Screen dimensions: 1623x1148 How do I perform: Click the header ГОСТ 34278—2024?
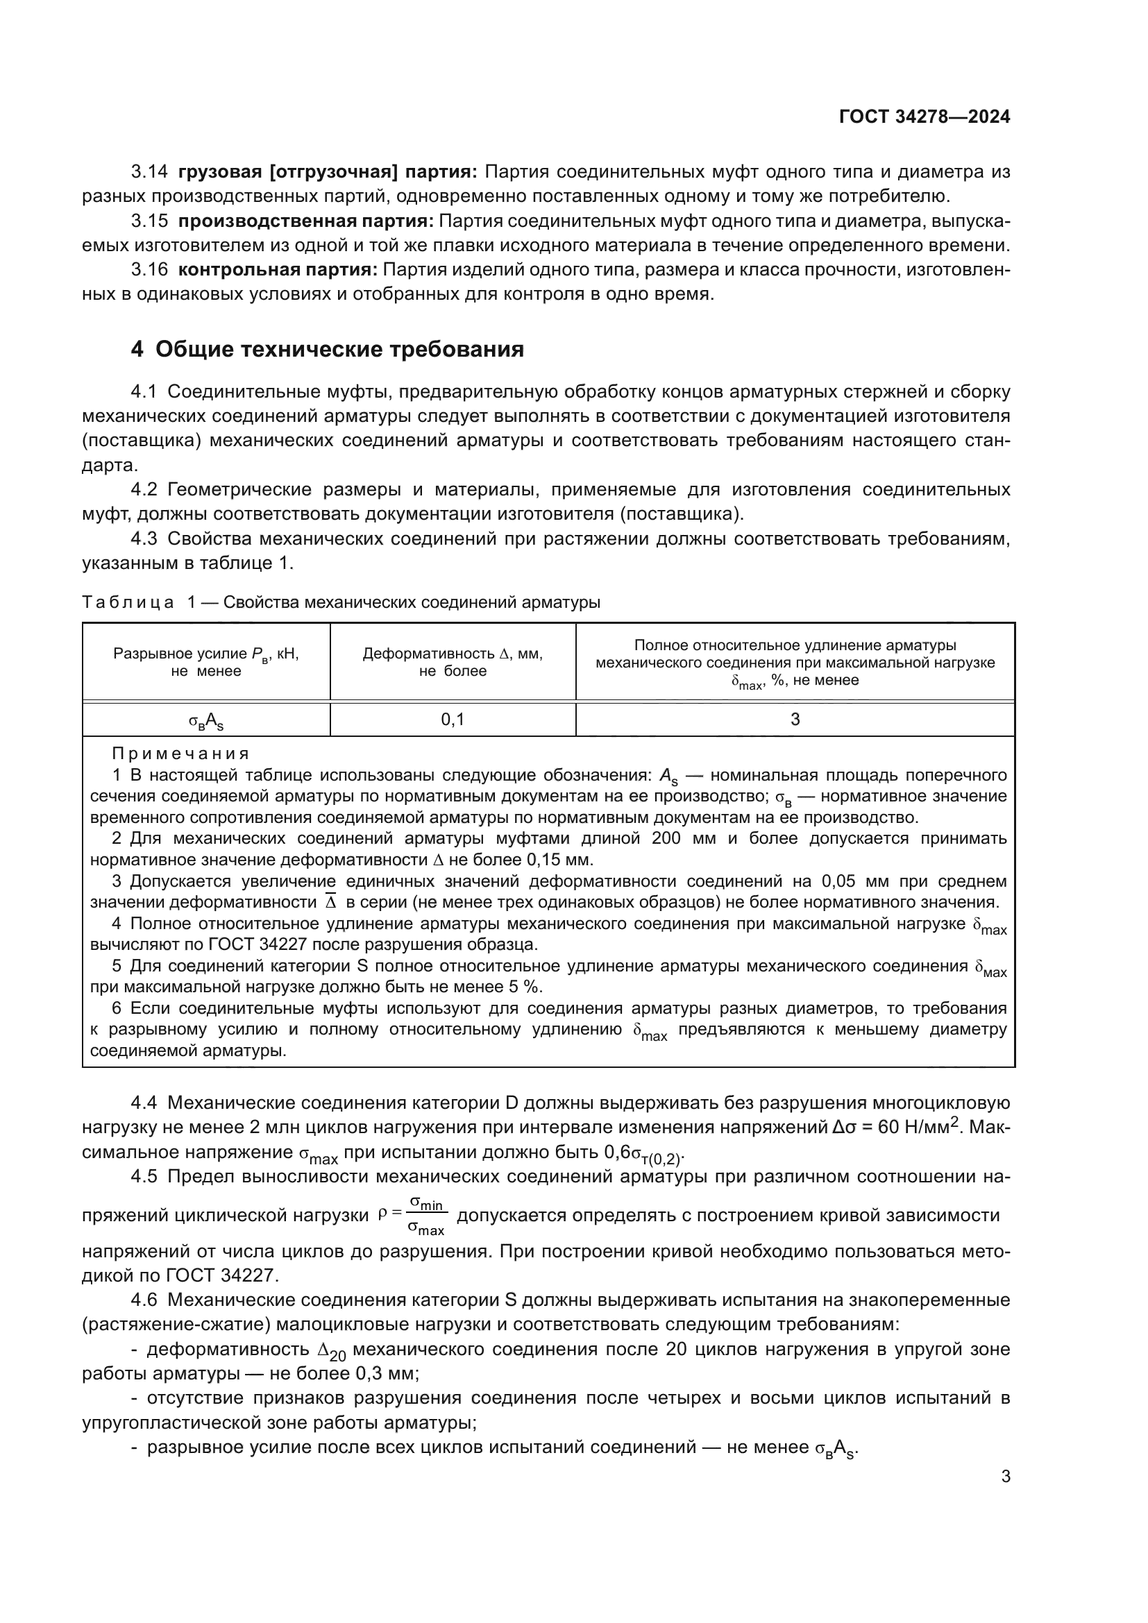pos(924,117)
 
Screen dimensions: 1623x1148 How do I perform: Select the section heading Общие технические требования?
pos(339,349)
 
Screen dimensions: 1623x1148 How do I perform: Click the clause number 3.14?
pos(149,172)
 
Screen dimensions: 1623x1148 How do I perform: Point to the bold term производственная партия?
pos(305,221)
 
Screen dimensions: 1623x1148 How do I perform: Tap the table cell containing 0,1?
pos(453,720)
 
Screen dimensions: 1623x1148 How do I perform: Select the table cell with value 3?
pos(795,720)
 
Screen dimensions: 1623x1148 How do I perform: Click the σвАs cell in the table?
pos(205,721)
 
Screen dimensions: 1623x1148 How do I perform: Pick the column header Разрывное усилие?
pos(205,663)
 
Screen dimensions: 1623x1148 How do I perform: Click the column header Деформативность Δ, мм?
pos(453,663)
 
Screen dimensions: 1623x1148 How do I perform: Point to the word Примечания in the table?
pos(181,754)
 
